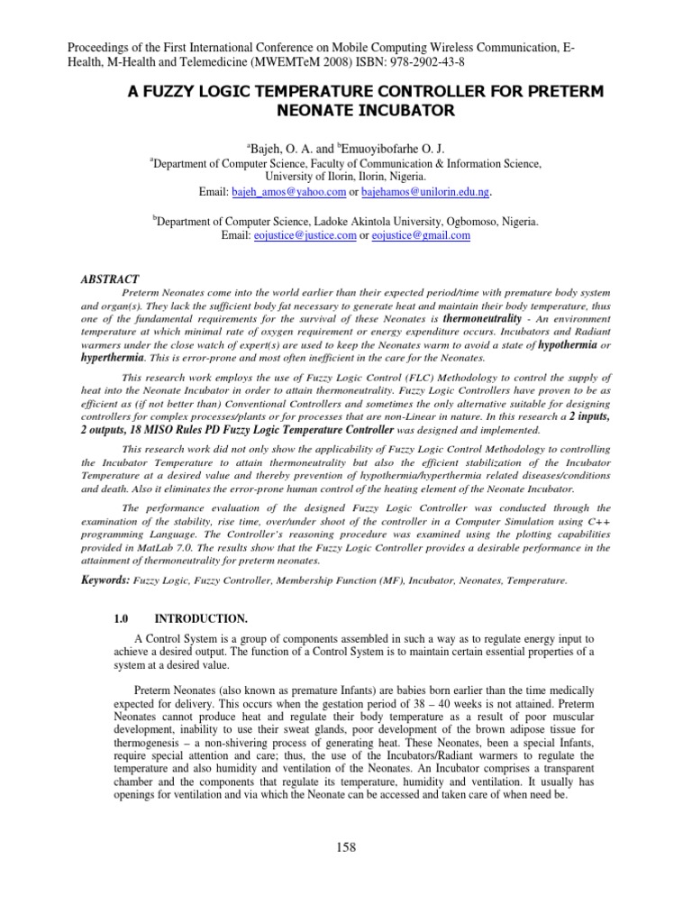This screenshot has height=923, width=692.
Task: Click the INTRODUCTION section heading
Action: coord(201,619)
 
